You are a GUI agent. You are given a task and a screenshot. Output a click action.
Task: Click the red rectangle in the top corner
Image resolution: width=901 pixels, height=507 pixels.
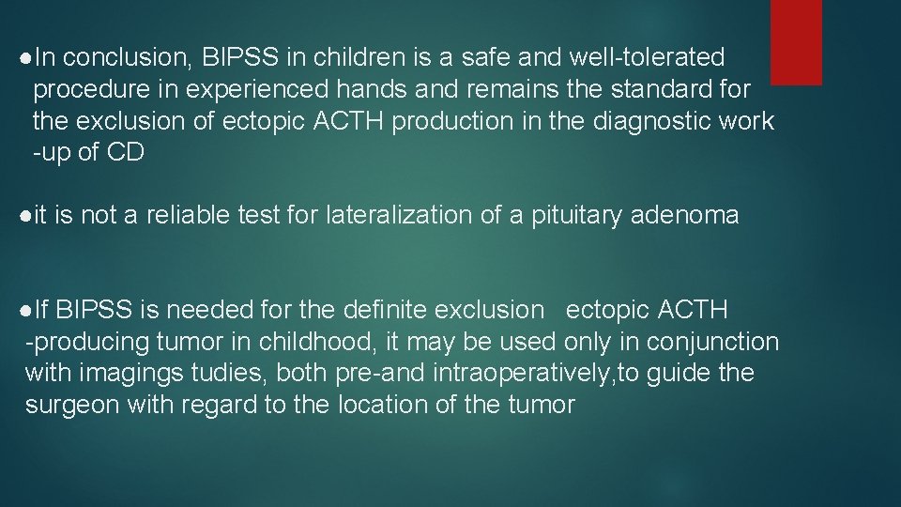click(x=795, y=41)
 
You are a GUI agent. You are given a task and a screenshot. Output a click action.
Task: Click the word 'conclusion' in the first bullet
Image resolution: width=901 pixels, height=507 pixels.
click(x=128, y=58)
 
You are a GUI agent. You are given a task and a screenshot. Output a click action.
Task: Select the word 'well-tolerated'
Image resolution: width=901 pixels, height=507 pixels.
click(x=647, y=58)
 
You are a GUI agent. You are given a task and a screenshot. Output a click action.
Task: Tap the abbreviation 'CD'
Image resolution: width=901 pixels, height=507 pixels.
click(x=126, y=153)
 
